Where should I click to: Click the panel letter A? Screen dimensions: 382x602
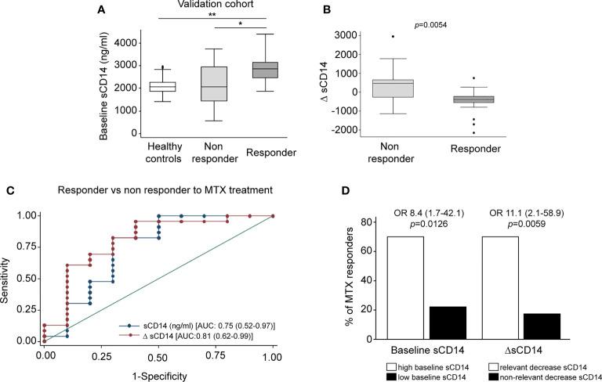(x=100, y=9)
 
